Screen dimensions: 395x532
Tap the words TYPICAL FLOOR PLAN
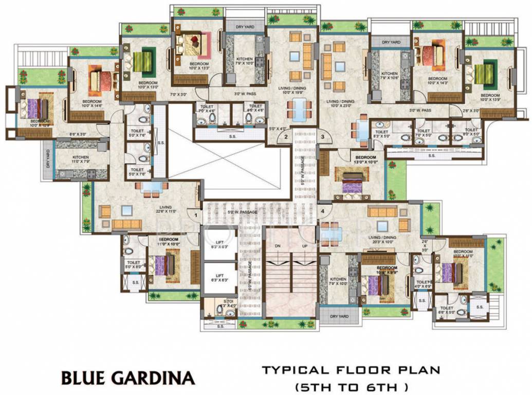351,370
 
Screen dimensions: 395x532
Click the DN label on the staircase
277,246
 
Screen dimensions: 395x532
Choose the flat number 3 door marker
322,137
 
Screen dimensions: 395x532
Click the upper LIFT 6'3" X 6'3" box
219,246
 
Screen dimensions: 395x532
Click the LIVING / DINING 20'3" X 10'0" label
381,239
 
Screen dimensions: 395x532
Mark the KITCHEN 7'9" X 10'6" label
390,76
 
